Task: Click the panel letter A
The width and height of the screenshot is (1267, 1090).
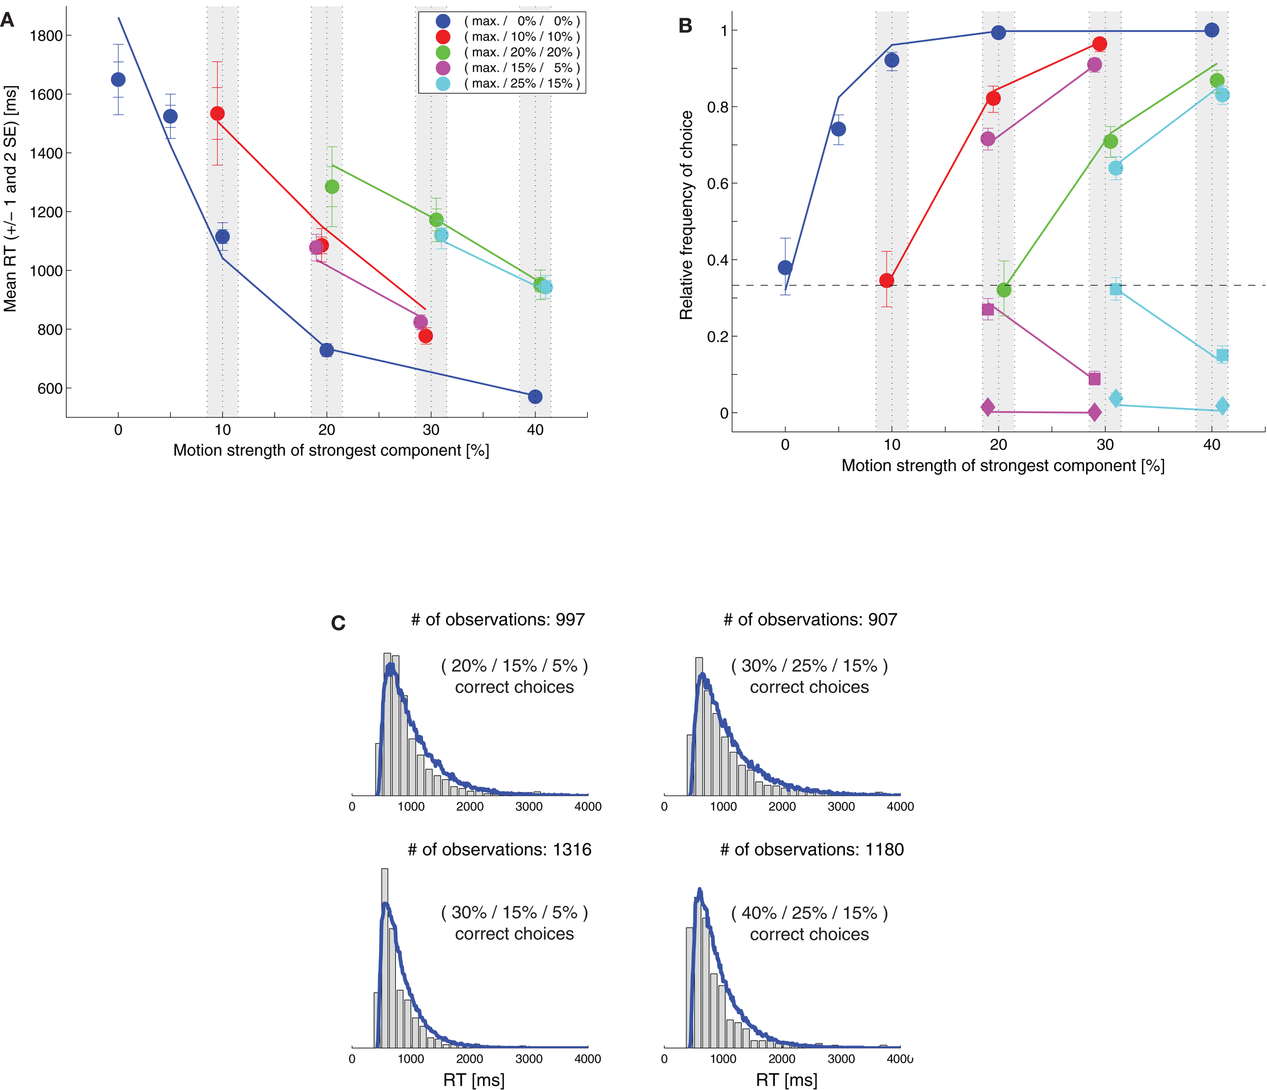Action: tap(7, 20)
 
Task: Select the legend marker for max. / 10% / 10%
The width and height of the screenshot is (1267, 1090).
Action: tap(443, 37)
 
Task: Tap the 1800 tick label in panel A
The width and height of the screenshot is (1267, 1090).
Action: tap(47, 35)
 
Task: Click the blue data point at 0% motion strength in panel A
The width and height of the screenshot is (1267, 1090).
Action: tap(118, 80)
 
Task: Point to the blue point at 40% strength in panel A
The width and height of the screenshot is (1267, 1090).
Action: tap(535, 396)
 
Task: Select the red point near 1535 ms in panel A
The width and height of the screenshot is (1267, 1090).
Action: tap(217, 114)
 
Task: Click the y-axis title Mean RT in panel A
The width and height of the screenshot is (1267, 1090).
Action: tap(11, 199)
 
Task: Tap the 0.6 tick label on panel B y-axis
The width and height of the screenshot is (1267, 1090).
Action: tap(718, 184)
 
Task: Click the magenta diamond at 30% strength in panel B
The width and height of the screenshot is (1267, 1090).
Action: tap(1095, 412)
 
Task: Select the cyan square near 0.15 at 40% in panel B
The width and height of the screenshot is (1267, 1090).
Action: tap(1222, 355)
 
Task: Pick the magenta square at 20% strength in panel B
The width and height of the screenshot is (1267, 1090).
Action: tap(988, 309)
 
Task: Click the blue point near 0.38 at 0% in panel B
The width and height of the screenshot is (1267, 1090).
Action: tap(785, 267)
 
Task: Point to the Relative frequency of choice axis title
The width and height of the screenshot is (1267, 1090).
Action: tap(686, 215)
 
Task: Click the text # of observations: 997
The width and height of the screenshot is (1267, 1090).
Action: tap(498, 620)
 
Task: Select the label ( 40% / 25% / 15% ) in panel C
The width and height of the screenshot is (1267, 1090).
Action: tap(809, 913)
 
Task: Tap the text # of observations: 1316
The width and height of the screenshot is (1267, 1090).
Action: tap(500, 850)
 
